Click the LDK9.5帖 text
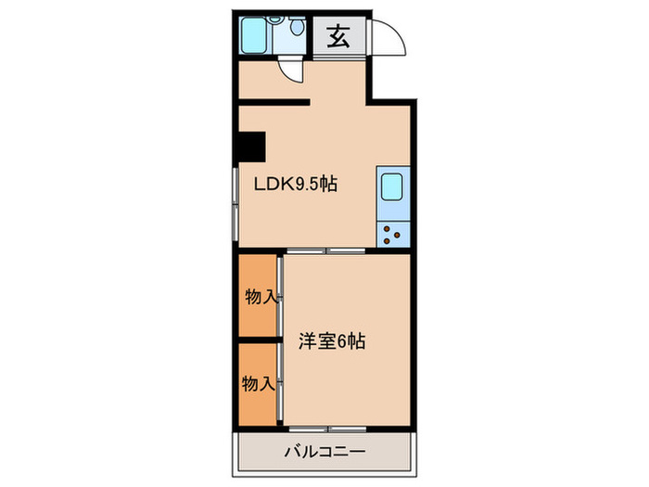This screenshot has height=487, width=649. (x=296, y=185)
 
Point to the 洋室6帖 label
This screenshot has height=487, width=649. (x=332, y=340)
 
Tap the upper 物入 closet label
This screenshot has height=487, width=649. (x=260, y=297)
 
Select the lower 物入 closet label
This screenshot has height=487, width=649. (x=258, y=382)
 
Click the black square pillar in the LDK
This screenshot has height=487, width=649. (x=250, y=147)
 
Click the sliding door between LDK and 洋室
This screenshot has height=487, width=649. (x=324, y=251)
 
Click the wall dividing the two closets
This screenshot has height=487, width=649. (x=257, y=340)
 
